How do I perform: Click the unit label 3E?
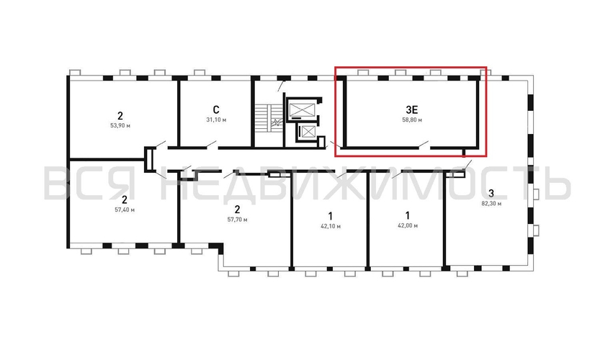(x=412, y=109)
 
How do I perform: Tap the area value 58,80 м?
(x=412, y=120)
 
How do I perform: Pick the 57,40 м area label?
(x=125, y=210)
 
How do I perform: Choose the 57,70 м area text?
(x=237, y=219)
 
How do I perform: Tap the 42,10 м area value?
(x=330, y=226)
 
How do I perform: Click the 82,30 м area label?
(x=491, y=204)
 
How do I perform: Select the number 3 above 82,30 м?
(x=491, y=193)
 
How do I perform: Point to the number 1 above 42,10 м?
(x=330, y=215)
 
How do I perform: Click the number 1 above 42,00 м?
(x=407, y=215)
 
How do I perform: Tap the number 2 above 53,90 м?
(x=120, y=114)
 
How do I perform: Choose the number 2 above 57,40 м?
(x=125, y=199)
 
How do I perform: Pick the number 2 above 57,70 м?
(x=237, y=208)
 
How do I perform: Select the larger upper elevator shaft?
(x=302, y=110)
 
